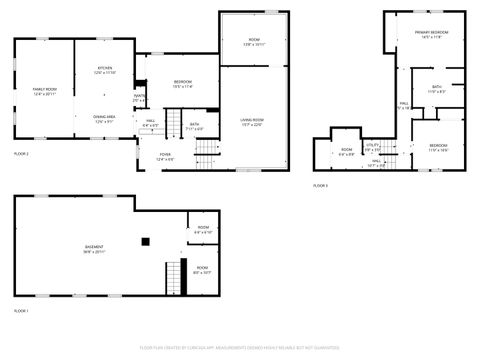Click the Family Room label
[x=44, y=90]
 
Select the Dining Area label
[x=105, y=117]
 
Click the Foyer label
[x=165, y=155]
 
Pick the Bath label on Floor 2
[x=194, y=126]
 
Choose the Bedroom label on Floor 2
[x=182, y=83]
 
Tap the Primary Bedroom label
[x=431, y=35]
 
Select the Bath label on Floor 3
[x=436, y=88]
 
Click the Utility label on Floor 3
[x=372, y=145]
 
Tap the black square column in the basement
[x=145, y=240]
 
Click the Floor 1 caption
[x=21, y=311]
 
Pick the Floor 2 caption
[x=21, y=153]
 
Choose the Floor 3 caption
[x=320, y=185]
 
